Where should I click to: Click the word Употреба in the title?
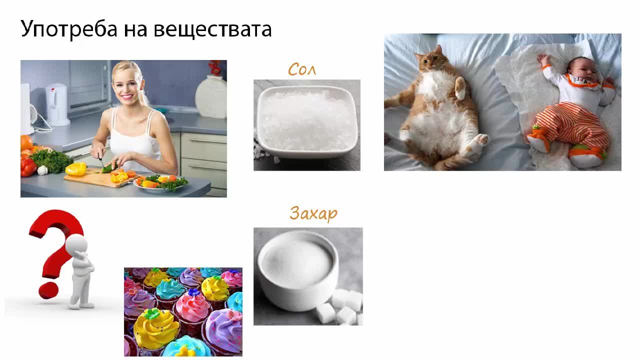point(69,29)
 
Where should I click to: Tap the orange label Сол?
point(302,69)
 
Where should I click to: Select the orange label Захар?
point(313,213)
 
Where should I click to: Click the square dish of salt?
point(307,121)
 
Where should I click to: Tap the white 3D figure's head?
point(76,245)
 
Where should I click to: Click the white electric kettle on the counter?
point(57,104)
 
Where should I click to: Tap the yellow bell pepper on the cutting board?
point(75,169)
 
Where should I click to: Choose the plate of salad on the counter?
point(160,183)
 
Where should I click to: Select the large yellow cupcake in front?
point(156,329)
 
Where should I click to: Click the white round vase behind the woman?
point(211,96)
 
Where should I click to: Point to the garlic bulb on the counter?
point(42,170)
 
